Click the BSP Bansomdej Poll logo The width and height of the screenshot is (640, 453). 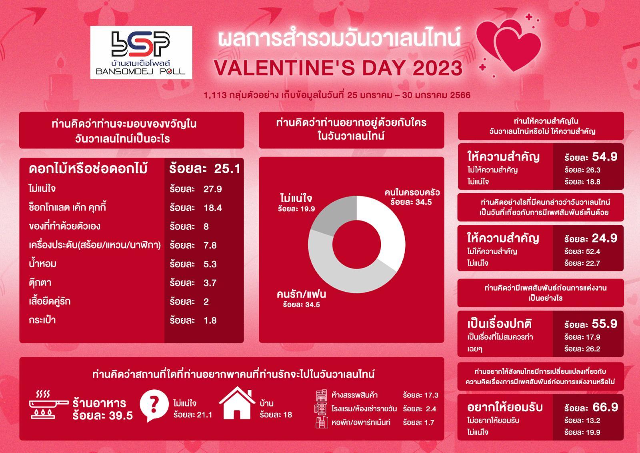[x=141, y=52]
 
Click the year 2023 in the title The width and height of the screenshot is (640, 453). [x=438, y=68]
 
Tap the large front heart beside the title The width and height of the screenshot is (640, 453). [x=518, y=50]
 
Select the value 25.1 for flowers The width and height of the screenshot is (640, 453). [x=227, y=168]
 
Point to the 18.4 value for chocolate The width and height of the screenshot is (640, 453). [x=212, y=208]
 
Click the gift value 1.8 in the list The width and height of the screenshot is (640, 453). [x=210, y=321]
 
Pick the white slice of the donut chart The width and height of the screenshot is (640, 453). [x=382, y=226]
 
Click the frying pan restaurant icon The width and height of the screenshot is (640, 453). [x=48, y=405]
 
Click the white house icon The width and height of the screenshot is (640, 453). [x=237, y=403]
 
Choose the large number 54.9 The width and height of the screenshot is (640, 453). [x=604, y=156]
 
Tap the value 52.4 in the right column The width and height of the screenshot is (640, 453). [x=592, y=251]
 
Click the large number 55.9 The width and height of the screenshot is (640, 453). [x=604, y=324]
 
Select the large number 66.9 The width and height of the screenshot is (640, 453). [x=605, y=407]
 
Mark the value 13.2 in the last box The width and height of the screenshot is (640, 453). [x=592, y=421]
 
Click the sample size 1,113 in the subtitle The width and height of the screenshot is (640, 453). [x=215, y=95]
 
